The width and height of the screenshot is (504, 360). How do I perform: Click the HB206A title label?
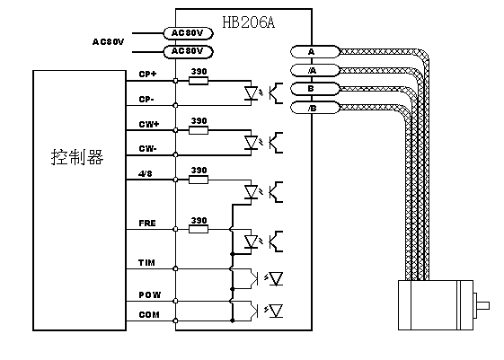coord(249,22)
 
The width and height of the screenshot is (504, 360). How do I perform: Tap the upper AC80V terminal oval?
coord(188,33)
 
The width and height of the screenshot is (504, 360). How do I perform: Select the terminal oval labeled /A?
coord(315,70)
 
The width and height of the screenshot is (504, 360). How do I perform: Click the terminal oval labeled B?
coord(315,89)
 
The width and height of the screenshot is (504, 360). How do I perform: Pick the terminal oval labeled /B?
coord(315,108)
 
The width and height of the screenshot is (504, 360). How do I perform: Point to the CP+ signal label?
coord(147,75)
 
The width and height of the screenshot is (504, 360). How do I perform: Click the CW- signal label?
coord(147,149)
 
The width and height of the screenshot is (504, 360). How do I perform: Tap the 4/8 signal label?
coord(145,174)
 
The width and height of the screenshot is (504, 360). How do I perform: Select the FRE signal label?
coord(147,224)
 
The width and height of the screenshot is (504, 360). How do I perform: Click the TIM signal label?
coord(146,263)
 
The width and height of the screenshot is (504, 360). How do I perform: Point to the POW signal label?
coord(149,294)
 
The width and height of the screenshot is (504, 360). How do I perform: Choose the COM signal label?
coord(149,315)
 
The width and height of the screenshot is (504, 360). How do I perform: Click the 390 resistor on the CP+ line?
coord(199,81)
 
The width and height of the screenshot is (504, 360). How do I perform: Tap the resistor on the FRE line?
coord(199,229)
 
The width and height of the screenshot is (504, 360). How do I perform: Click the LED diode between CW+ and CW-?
coord(251,143)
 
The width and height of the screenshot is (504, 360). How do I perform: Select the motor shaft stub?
coord(483,305)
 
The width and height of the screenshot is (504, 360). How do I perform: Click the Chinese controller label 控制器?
coord(77,157)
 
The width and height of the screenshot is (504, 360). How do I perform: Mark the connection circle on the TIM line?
coord(175,268)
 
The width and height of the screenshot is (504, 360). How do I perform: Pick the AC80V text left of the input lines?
coord(108,42)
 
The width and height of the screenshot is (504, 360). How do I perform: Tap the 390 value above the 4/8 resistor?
coord(199,171)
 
